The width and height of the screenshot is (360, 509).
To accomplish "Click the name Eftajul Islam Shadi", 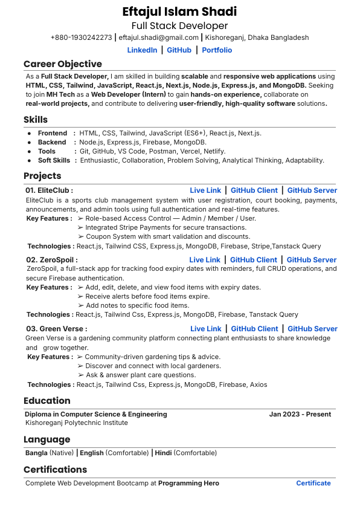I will point(179,11).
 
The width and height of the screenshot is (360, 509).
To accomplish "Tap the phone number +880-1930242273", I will point(81,37).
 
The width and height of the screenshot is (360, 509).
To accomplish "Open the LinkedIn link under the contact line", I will point(142,50).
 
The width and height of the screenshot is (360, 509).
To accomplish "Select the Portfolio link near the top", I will point(217,50).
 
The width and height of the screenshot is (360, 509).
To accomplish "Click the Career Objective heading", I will point(63,64).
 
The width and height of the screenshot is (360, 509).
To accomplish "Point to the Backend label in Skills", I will point(52,142).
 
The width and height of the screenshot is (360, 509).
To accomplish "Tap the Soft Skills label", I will point(54,160).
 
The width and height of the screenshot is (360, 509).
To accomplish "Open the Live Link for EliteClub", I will point(205,190).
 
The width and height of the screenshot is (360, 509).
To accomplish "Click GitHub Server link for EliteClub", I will point(312,190).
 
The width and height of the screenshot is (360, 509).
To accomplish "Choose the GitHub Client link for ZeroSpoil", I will point(254,260).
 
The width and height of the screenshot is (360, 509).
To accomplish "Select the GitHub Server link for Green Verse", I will point(312,329).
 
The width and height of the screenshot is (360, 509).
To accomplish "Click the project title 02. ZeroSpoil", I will point(51,260).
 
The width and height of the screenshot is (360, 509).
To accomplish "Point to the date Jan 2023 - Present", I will point(300,414).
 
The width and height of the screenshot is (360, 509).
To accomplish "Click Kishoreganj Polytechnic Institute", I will point(77,423).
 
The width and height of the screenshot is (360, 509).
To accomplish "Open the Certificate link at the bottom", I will point(313,483).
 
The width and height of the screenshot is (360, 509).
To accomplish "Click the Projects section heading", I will point(42,176).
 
